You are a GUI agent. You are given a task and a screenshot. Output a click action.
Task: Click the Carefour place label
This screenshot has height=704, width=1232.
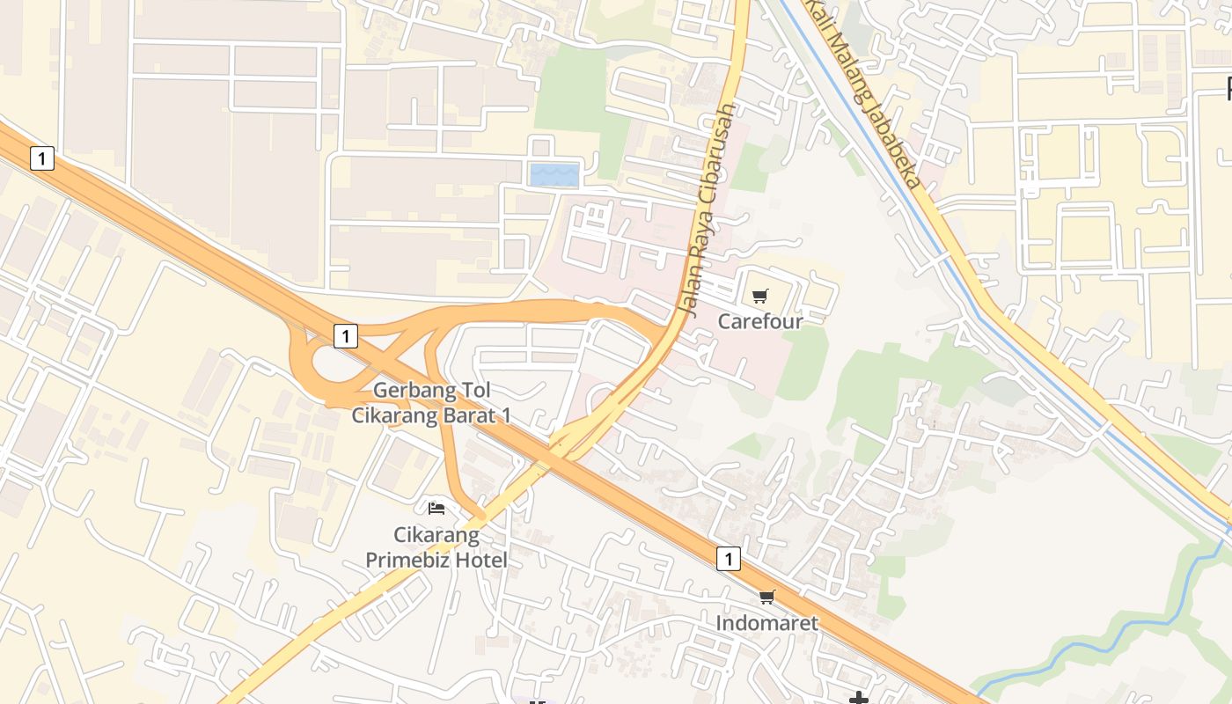pyautogui.click(x=760, y=321)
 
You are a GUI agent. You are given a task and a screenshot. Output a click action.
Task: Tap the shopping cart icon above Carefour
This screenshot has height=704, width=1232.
pyautogui.click(x=760, y=296)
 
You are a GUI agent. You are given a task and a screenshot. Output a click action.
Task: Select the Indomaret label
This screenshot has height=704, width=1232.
pyautogui.click(x=766, y=623)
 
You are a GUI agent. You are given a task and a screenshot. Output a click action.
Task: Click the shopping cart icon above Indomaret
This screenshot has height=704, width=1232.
pyautogui.click(x=767, y=598)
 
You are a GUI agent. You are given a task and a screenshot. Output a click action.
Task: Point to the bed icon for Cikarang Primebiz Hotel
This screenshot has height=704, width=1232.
pyautogui.click(x=436, y=508)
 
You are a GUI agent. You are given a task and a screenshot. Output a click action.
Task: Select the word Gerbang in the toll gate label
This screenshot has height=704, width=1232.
pyautogui.click(x=407, y=390)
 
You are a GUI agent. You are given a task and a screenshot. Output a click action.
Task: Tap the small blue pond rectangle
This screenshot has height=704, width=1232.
pyautogui.click(x=554, y=175)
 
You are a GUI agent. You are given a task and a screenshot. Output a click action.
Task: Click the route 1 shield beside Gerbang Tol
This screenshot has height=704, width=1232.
pyautogui.click(x=346, y=335)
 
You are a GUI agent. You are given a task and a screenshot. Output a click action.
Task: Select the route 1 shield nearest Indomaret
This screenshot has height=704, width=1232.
pyautogui.click(x=728, y=558)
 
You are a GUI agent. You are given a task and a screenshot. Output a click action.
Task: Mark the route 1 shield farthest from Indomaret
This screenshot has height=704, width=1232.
pyautogui.click(x=42, y=158)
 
